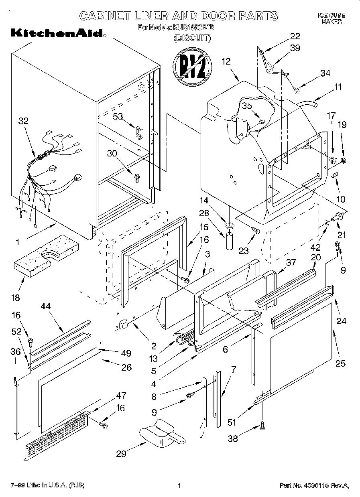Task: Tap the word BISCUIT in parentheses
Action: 192,39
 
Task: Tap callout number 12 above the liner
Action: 226,62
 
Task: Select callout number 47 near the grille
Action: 120,396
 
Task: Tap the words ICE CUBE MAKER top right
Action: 331,18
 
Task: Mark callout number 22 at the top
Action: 295,36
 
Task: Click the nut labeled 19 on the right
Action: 344,161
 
